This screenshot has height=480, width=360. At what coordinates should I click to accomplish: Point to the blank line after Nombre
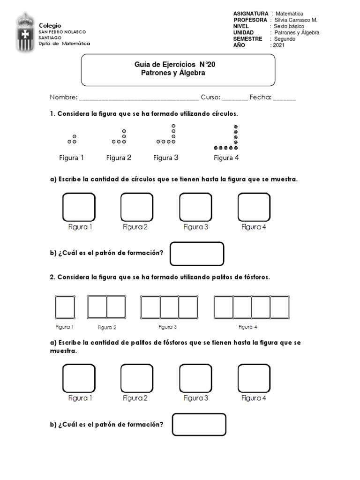coord(139,98)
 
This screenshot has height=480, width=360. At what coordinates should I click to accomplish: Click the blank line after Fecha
coord(285,98)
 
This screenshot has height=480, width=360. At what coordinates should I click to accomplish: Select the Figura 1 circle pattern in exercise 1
coord(72,139)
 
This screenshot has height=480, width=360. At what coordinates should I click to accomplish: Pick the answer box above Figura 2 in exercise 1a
coord(137,207)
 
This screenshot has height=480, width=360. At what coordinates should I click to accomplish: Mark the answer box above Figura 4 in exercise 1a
coord(254,207)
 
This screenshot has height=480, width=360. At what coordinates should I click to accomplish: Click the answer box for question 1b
coord(196,254)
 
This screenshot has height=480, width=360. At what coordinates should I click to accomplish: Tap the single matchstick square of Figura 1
coord(65,307)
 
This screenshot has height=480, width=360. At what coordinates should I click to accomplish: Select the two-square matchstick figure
coord(106,307)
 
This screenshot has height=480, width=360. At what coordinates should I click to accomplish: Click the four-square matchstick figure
coord(251,307)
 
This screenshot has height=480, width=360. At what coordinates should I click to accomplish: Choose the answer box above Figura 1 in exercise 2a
coord(79,378)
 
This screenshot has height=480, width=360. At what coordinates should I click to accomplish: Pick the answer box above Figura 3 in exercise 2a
coord(195,378)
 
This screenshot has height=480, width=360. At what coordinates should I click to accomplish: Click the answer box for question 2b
coord(199,424)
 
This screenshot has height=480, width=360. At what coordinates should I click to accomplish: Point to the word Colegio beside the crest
coord(50,25)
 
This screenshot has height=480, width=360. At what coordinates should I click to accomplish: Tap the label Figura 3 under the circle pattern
coord(166,157)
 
